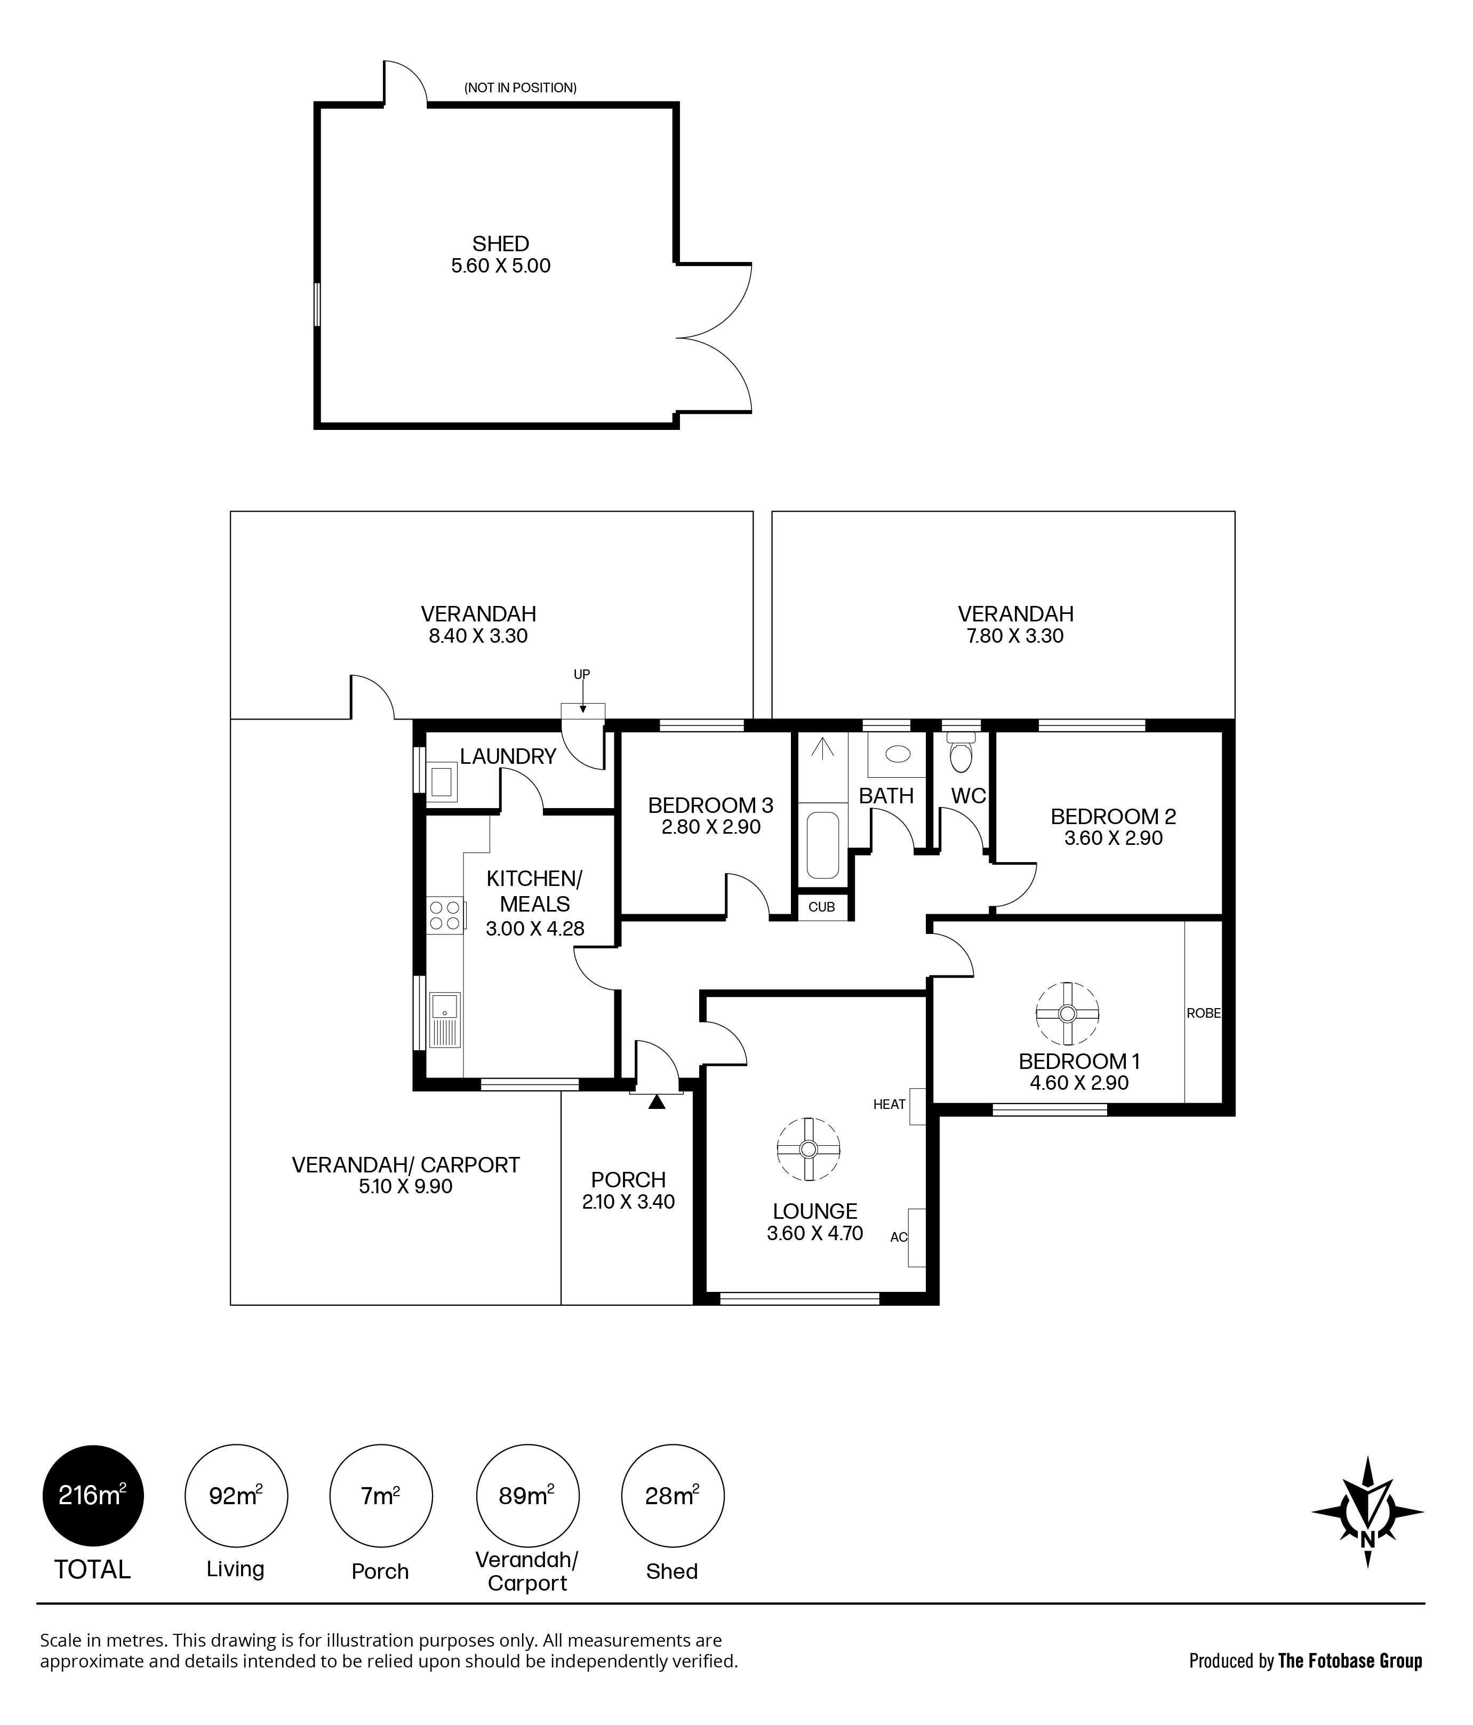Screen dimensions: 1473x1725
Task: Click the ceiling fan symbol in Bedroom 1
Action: [x=1067, y=1013]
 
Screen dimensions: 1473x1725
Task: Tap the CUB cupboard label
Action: [x=821, y=907]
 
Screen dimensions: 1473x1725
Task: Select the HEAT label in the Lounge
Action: [x=889, y=1105]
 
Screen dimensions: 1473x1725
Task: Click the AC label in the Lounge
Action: [x=899, y=1237]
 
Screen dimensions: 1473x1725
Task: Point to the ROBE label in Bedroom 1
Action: [x=1203, y=1013]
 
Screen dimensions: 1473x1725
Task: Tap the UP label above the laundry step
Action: [x=582, y=674]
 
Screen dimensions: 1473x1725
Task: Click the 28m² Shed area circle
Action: [x=673, y=1496]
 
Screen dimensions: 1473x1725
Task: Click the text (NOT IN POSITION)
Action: [x=520, y=87]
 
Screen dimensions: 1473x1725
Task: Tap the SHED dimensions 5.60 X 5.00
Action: [x=501, y=266]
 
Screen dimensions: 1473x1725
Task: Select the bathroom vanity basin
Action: [x=897, y=754]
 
